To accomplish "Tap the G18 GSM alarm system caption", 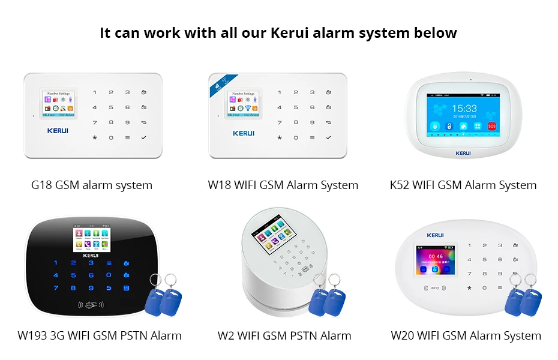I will click(x=92, y=185).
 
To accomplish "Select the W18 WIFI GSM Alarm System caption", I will click(x=283, y=185).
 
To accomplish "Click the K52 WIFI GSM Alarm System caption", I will click(x=463, y=185).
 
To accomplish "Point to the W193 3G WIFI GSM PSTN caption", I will click(x=100, y=335).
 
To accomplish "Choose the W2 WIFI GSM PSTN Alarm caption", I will click(x=284, y=335).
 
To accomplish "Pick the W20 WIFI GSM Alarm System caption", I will click(x=466, y=335).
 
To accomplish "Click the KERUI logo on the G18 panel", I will click(x=58, y=130).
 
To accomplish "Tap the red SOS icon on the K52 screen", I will click(x=492, y=127).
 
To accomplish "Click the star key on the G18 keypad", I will click(x=94, y=137).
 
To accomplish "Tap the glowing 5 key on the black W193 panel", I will click(x=73, y=275).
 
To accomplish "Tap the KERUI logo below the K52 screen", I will click(x=463, y=153).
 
